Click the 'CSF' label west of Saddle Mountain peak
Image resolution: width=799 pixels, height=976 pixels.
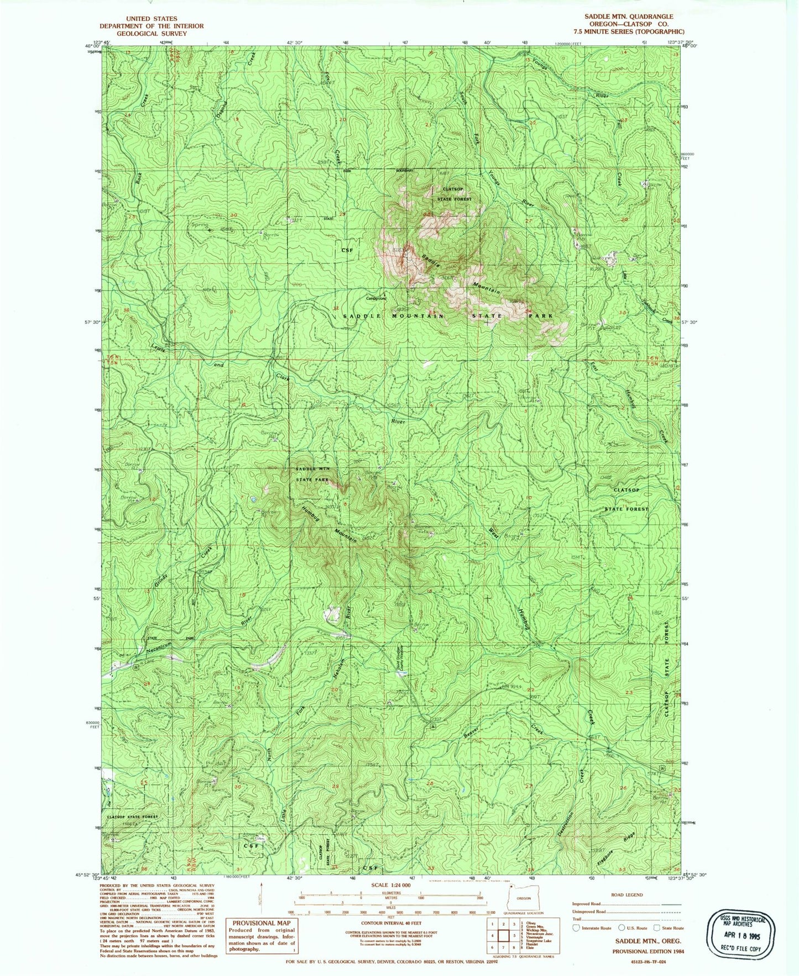[347, 250]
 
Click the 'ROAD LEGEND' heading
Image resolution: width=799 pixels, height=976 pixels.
[626, 895]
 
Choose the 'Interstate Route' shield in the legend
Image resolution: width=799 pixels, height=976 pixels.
[578, 928]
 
